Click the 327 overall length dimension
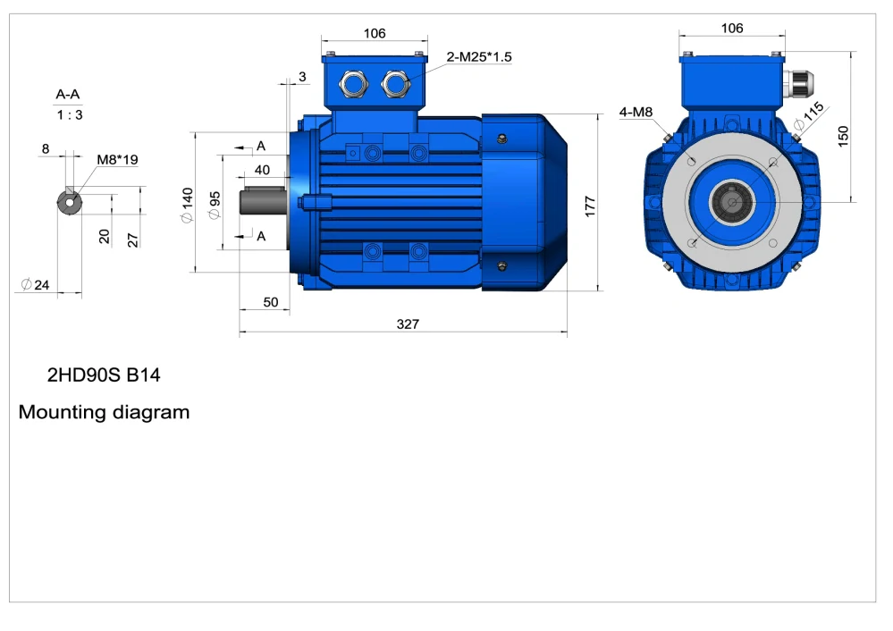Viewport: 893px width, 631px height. tap(408, 324)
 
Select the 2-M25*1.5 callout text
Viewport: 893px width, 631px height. tap(479, 57)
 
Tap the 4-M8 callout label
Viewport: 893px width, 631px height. tap(636, 113)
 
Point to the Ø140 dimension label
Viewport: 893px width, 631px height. tap(187, 206)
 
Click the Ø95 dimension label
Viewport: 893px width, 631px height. tap(214, 206)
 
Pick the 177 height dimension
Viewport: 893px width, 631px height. tap(589, 206)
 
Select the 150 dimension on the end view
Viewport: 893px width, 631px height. tap(843, 137)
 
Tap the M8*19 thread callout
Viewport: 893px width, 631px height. tap(117, 159)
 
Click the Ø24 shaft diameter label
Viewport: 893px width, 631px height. tap(36, 284)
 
